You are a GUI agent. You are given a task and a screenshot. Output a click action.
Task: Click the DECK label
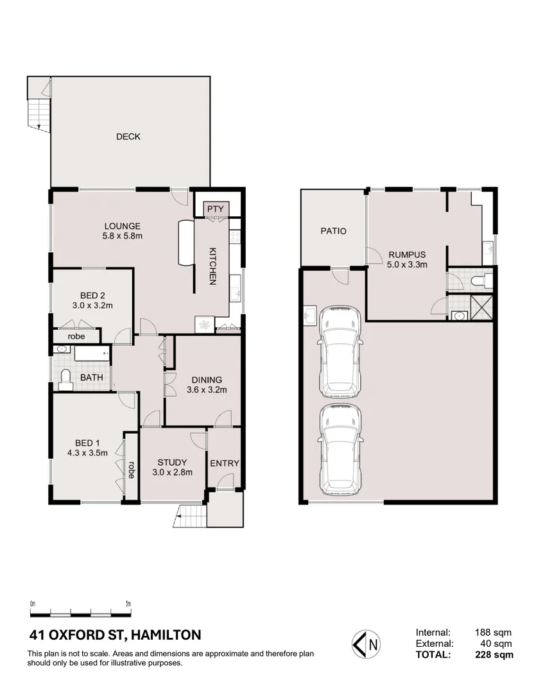point(128,137)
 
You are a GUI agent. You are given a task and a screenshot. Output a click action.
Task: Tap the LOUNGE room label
point(123,226)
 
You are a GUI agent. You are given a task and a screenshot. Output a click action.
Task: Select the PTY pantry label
point(216,209)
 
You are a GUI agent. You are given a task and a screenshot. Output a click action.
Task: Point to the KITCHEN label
point(212,266)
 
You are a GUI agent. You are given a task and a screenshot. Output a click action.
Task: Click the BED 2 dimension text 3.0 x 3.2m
point(92,305)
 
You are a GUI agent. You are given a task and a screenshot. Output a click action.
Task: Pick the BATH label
point(92,377)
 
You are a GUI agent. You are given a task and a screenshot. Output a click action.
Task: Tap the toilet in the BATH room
point(65,380)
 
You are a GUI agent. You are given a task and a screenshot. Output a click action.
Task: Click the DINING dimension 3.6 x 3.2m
point(207,390)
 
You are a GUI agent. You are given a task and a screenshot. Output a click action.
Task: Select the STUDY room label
point(172,462)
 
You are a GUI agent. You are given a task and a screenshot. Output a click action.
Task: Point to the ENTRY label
point(224,463)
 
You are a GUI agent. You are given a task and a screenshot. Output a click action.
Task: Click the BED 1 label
point(87,443)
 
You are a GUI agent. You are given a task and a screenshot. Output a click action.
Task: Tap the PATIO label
point(333,231)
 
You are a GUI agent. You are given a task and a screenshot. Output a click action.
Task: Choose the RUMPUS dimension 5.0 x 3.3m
point(408,265)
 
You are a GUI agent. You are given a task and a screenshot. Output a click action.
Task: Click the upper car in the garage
point(340,352)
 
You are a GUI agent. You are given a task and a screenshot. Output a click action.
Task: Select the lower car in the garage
point(340,450)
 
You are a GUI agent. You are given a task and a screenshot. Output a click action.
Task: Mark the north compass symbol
point(366,644)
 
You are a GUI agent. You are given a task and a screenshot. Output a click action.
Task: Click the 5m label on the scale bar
point(128,604)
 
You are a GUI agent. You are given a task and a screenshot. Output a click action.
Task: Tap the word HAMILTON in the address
point(166,635)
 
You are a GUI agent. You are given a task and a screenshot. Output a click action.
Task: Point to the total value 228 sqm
point(494,654)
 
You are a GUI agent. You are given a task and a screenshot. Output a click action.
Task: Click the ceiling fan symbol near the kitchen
point(204,325)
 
